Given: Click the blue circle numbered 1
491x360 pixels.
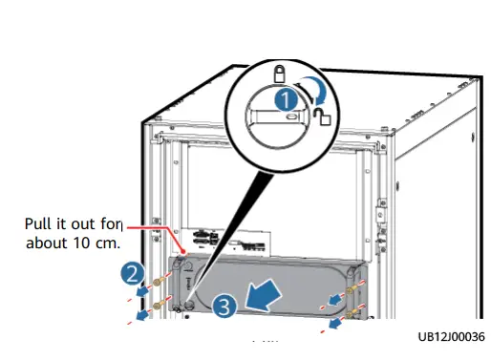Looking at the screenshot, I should click(x=285, y=97).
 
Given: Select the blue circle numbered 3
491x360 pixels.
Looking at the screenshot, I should click(x=224, y=307).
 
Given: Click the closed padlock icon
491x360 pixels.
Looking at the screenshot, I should click(x=280, y=73).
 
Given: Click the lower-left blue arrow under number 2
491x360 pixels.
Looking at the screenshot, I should click(x=143, y=314).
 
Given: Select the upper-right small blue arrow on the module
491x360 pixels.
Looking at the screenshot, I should click(x=335, y=299).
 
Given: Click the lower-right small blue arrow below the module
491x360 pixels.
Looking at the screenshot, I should click(x=337, y=325).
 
